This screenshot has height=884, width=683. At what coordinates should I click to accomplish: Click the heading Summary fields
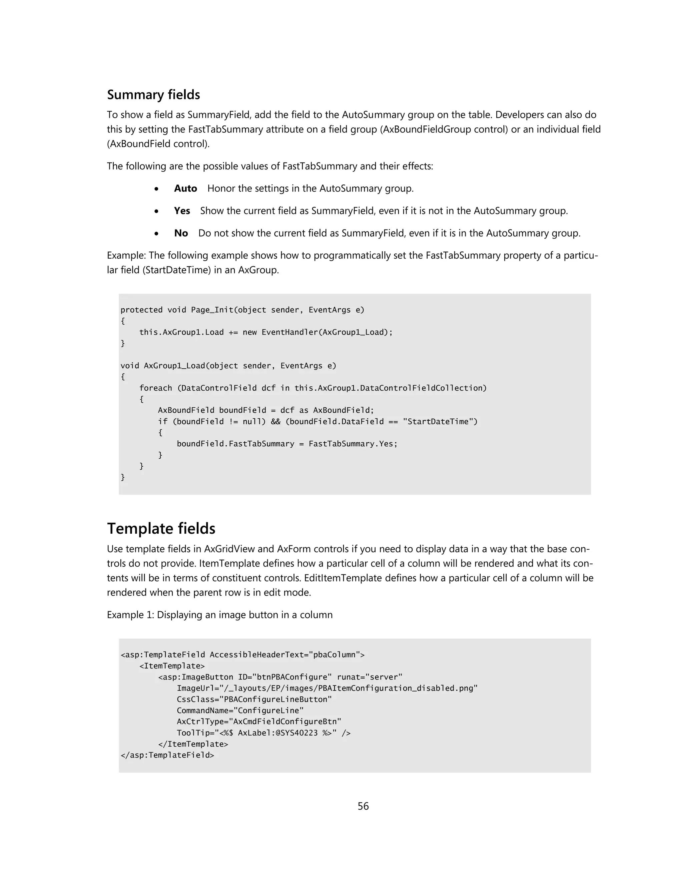coord(153,95)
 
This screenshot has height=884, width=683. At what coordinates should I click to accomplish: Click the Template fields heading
coord(161,529)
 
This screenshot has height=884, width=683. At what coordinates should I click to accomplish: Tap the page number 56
coord(363,806)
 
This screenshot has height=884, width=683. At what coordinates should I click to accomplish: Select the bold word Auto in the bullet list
coord(185,188)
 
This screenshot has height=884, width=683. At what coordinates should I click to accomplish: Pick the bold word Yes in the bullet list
coord(182,211)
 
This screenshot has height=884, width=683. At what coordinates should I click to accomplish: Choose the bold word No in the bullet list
coord(181,233)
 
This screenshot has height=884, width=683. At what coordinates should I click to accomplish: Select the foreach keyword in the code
coord(155,388)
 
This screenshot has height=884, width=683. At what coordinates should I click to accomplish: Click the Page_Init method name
coord(212,310)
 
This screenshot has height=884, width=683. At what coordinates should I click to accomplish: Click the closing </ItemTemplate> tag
coord(193,744)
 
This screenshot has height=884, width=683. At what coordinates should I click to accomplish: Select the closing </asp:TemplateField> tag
coord(167,755)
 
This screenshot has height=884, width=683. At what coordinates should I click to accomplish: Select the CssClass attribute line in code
coord(254,700)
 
